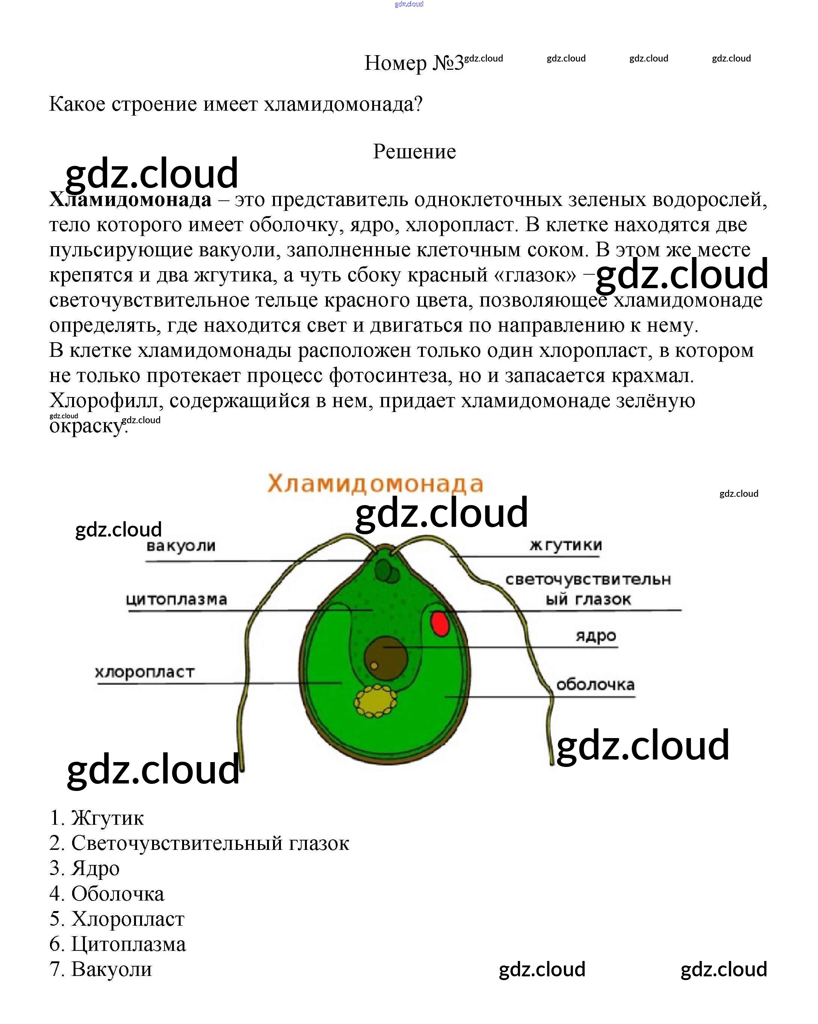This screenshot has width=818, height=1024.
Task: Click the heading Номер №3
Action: (413, 63)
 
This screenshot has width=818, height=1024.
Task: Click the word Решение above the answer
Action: (414, 152)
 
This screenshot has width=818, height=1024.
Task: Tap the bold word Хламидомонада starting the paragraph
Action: (130, 200)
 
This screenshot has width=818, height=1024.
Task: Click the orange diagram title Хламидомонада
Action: (375, 484)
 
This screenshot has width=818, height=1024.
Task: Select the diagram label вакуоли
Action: (181, 546)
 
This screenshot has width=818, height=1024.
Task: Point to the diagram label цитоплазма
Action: (177, 599)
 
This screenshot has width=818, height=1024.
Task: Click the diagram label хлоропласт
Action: (145, 672)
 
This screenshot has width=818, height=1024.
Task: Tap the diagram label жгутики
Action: (566, 545)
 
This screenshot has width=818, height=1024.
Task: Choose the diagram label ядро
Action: (596, 636)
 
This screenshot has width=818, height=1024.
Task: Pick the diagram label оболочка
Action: (595, 684)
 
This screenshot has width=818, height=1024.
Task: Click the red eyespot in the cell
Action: (440, 624)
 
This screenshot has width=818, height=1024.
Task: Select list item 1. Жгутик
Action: (97, 818)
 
